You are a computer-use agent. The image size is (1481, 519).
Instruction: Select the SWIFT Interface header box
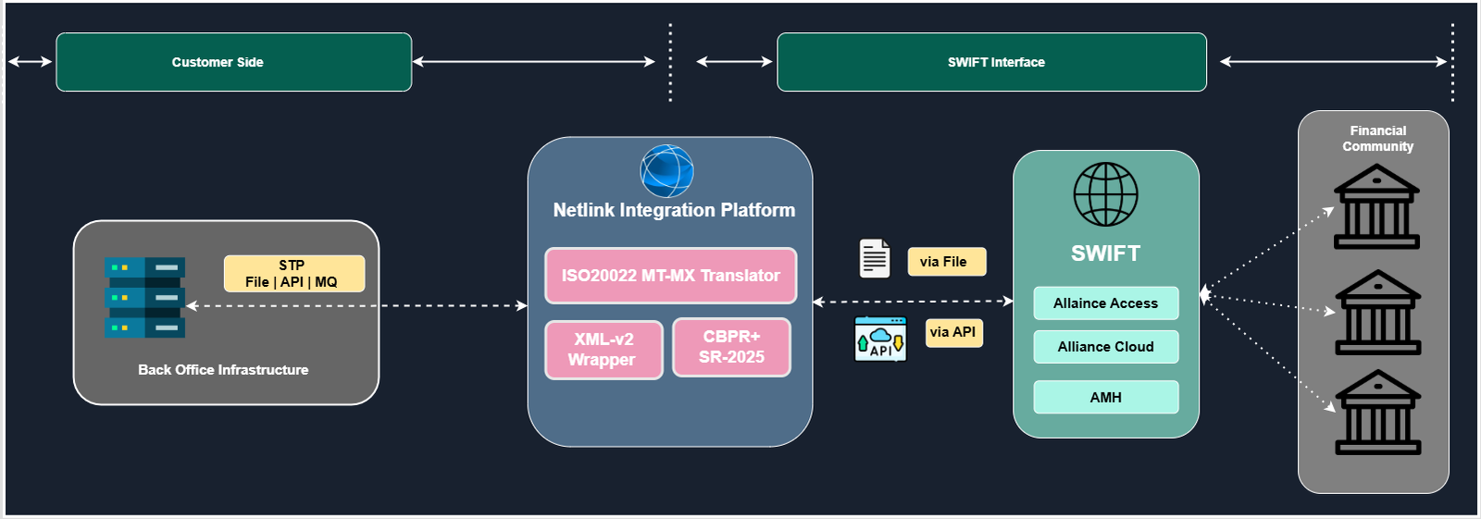click(991, 62)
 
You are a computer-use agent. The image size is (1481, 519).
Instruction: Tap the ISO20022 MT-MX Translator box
click(670, 276)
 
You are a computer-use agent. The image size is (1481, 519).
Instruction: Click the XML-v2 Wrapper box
click(604, 350)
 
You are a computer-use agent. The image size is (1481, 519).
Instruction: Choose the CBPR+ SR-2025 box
click(731, 347)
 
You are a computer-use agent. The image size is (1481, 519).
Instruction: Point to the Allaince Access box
click(1105, 303)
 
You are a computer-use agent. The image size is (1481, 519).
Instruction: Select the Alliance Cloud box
click(1105, 347)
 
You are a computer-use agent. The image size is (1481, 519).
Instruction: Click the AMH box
click(1105, 397)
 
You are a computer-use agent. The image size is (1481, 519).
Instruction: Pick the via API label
click(953, 332)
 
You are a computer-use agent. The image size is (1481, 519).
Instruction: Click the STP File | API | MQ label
click(293, 274)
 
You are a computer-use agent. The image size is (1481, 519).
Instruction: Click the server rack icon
click(144, 297)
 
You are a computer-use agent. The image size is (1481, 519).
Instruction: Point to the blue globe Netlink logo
click(666, 171)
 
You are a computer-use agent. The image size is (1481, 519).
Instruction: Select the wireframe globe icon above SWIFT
click(1105, 194)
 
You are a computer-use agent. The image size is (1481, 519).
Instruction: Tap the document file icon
click(875, 258)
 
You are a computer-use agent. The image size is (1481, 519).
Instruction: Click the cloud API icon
click(880, 339)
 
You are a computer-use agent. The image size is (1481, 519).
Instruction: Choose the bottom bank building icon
click(1377, 413)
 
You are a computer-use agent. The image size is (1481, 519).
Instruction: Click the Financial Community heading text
click(1377, 139)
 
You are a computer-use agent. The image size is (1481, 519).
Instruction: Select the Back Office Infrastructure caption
click(223, 370)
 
